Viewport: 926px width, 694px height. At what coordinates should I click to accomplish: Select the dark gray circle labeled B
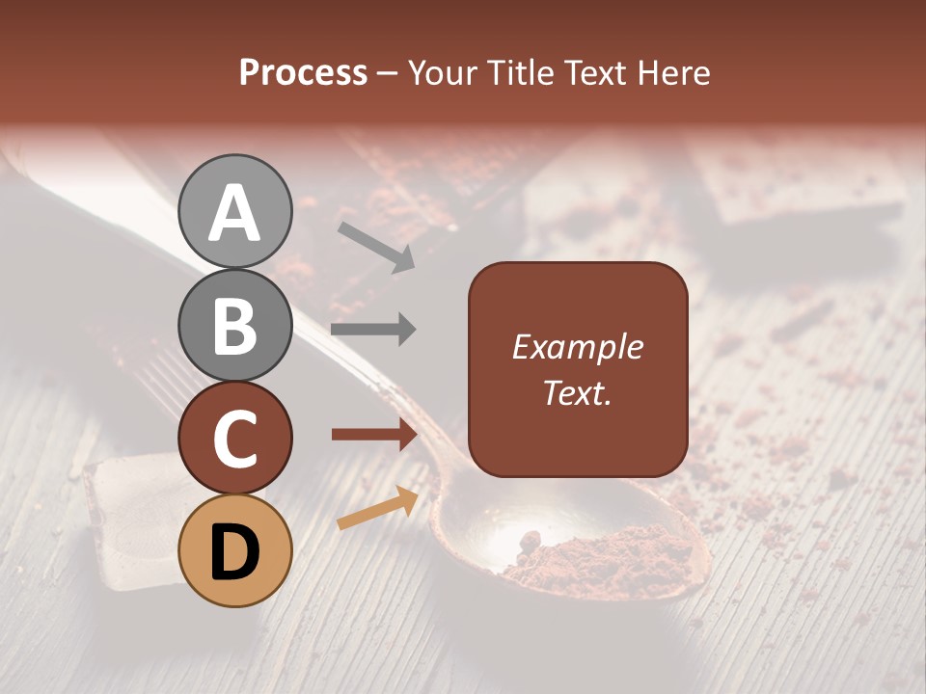[x=235, y=325]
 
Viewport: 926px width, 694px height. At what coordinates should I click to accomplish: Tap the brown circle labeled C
[x=235, y=439]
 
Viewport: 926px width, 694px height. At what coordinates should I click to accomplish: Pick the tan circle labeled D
[x=235, y=551]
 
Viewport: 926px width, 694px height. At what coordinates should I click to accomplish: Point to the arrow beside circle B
[x=373, y=330]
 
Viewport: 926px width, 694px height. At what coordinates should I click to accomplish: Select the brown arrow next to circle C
[x=373, y=435]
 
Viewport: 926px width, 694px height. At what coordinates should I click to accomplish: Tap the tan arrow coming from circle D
[x=377, y=508]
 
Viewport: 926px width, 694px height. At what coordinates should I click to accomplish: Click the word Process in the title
[x=303, y=72]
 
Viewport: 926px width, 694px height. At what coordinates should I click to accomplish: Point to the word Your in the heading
[x=444, y=72]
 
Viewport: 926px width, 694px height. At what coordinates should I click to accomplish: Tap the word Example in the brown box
[x=577, y=347]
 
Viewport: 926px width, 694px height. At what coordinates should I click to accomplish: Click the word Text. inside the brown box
[x=577, y=392]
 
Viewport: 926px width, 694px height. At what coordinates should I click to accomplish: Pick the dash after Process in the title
[x=388, y=74]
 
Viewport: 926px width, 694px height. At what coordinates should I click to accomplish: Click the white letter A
[x=235, y=213]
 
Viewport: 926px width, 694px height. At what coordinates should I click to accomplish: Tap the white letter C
[x=235, y=439]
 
